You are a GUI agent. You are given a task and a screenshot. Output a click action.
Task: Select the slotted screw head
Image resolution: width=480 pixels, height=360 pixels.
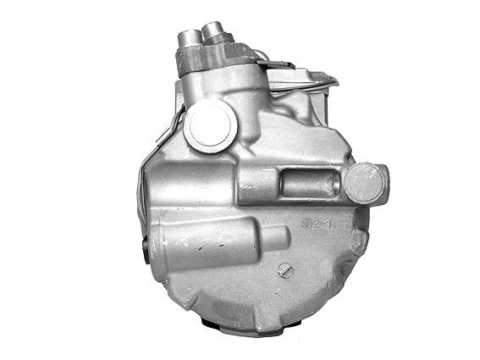(x=284, y=270)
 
